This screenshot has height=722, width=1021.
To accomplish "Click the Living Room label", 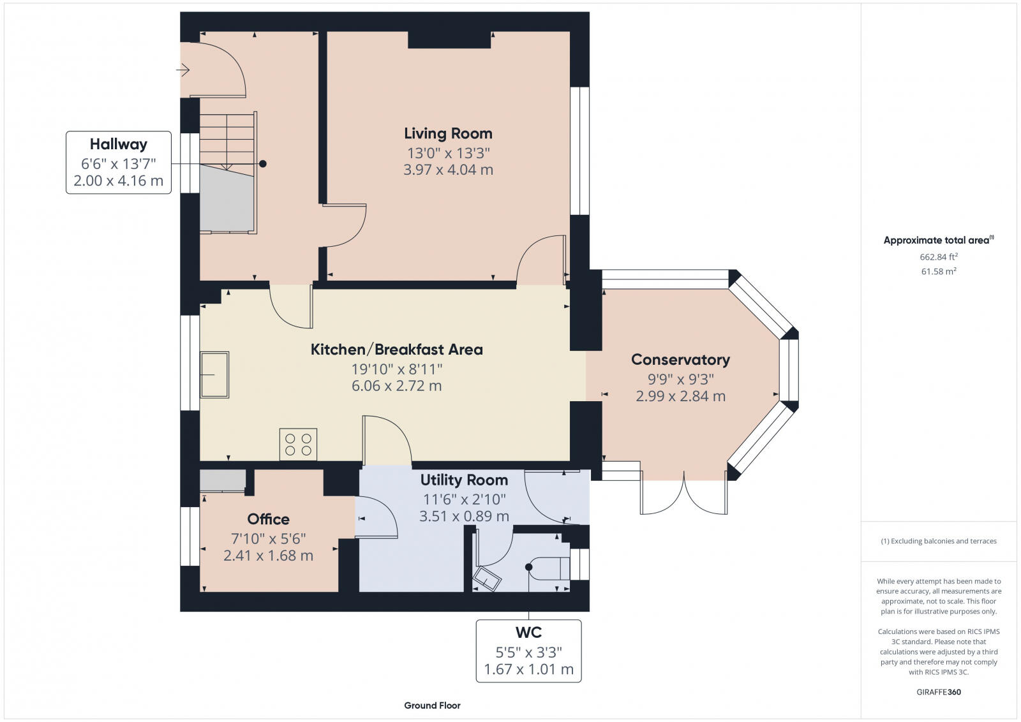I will coord(448,133).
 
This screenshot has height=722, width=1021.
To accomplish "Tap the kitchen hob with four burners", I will coord(298,445).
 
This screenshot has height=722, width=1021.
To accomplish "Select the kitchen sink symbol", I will coord(214,374).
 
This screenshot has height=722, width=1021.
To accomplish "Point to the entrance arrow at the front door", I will coord(184,70).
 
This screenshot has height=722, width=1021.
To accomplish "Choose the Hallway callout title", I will coord(118,144).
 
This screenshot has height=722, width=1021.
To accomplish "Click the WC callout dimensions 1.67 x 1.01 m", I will coord(528,670).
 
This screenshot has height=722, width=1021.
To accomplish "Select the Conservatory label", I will coord(680,359).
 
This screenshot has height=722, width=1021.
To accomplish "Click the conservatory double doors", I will coord(683,496).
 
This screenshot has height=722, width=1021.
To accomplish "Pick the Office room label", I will coord(268,519).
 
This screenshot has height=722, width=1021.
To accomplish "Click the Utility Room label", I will coord(464,480).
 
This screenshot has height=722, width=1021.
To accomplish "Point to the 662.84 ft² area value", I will coord(938,257).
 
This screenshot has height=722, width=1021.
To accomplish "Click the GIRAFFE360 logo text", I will coord(937,692).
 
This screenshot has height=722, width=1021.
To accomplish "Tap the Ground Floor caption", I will coord(432,705).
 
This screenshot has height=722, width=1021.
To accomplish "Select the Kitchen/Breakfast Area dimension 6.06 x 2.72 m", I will coord(396,386).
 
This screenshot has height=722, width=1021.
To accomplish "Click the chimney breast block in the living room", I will coord(449,40).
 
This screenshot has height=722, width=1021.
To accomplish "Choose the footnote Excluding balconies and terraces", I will coord(938,541).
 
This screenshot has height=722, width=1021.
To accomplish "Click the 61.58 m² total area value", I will coord(938,272).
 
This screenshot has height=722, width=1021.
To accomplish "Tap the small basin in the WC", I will coord(487,579).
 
